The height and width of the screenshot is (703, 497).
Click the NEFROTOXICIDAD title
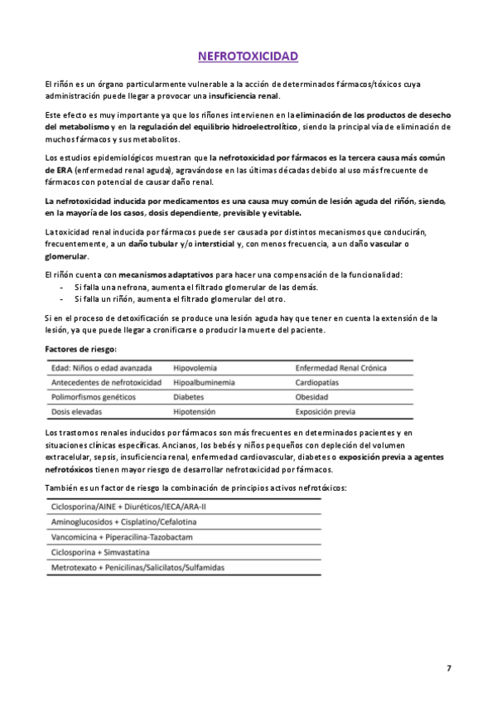click(x=248, y=56)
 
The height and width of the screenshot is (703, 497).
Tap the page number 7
click(x=449, y=667)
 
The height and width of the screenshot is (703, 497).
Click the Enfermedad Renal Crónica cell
click(x=340, y=368)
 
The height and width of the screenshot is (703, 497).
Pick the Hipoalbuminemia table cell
click(x=204, y=382)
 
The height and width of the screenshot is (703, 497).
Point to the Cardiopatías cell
click(x=319, y=382)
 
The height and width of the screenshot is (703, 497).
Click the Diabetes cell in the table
click(x=189, y=397)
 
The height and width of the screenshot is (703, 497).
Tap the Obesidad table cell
click(x=314, y=397)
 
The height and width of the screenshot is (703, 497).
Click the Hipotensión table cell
click(x=195, y=412)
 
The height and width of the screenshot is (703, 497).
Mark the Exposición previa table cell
click(x=327, y=412)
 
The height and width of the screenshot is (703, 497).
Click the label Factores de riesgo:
click(x=80, y=349)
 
